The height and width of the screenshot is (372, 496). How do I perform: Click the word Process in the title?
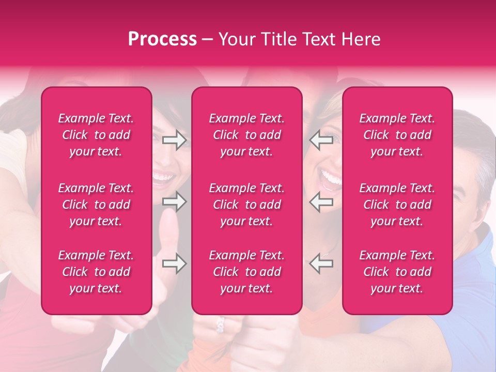click(x=162, y=39)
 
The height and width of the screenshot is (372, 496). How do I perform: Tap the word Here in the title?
click(x=362, y=39)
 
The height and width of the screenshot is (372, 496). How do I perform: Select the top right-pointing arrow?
click(x=175, y=140)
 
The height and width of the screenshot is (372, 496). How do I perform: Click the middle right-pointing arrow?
click(x=175, y=202)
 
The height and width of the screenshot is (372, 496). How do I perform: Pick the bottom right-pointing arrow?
click(x=175, y=263)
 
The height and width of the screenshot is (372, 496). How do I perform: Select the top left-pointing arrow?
click(x=321, y=140)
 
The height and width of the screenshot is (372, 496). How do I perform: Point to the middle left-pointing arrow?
click(x=321, y=202)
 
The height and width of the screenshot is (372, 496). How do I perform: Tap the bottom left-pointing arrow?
click(x=321, y=263)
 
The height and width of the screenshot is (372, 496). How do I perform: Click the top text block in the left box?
click(x=96, y=135)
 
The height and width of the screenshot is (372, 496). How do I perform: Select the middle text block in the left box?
click(x=96, y=205)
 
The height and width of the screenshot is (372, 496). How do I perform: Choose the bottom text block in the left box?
click(x=96, y=272)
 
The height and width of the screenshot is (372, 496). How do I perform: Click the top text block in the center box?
click(x=246, y=135)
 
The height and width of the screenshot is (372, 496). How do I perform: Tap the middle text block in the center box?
click(x=246, y=205)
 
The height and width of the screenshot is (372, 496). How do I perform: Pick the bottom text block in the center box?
click(x=246, y=272)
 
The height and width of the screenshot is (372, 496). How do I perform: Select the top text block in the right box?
click(x=397, y=135)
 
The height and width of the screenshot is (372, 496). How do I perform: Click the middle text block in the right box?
click(x=397, y=205)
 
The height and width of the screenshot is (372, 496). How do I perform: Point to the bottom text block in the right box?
click(x=397, y=272)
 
